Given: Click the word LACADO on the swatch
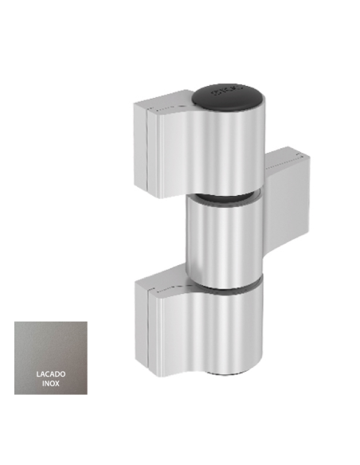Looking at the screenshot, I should point(51,373).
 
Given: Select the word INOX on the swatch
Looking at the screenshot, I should point(51,383).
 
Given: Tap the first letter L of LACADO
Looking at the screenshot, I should point(38,373).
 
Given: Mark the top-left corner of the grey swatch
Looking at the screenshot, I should point(15,322).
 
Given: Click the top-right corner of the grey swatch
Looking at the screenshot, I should point(87,322).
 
